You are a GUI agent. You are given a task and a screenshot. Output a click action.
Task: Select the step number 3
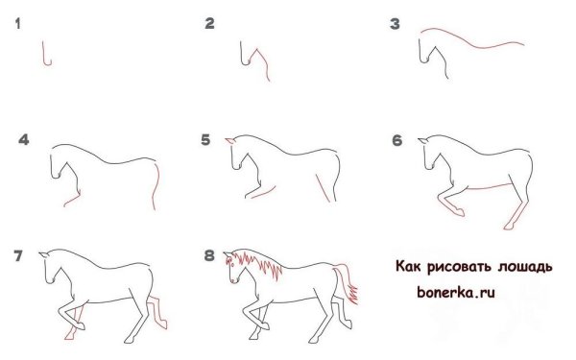click(x=394, y=24)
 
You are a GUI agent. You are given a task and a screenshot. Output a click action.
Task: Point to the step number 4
click(x=24, y=140)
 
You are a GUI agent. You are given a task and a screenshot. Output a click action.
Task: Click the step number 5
click(x=205, y=140)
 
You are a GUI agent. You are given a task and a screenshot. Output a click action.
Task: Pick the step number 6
click(x=396, y=140)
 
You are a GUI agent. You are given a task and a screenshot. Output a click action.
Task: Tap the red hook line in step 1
click(x=45, y=56)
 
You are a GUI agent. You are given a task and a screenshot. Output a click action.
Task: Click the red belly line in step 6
click(x=490, y=183)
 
